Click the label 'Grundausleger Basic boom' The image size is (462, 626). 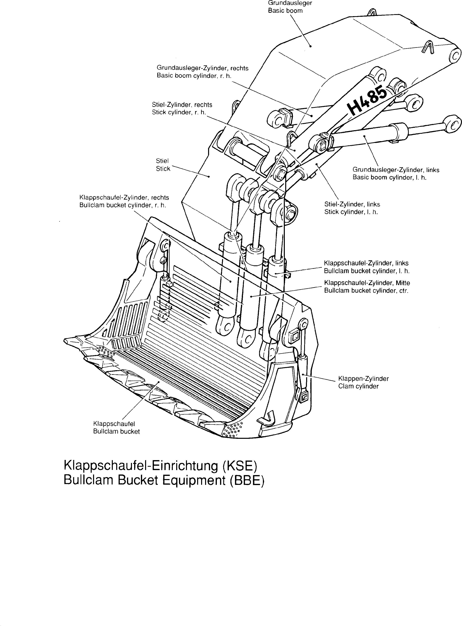290,7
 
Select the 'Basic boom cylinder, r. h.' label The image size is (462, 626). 202,72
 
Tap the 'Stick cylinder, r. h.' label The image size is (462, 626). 182,108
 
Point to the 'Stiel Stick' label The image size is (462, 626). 163,165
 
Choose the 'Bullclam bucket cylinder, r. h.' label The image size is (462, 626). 124,201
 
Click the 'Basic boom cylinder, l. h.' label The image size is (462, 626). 396,173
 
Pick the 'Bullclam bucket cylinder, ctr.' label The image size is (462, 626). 367,287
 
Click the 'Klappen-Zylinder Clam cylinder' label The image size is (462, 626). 363,382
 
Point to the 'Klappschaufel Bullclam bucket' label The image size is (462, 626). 116,427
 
